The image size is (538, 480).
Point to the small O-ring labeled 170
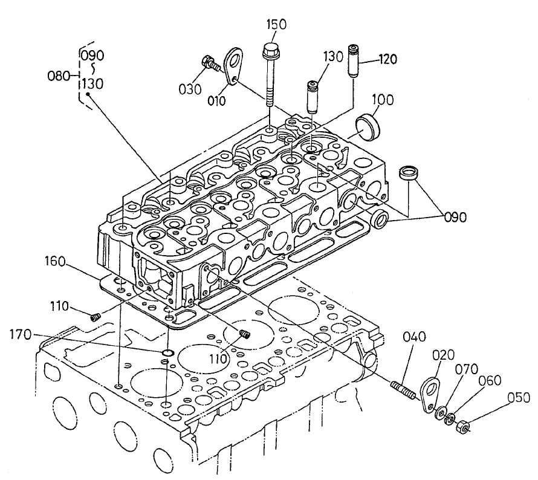point(167,351)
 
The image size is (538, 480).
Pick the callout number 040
point(416,337)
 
